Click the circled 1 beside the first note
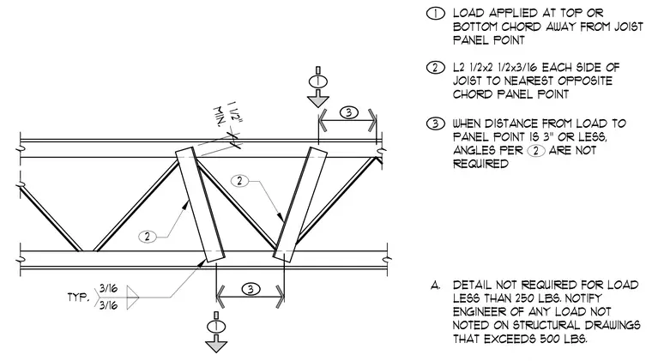435,14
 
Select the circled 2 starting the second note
435,67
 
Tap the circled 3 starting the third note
435,123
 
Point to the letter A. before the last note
435,286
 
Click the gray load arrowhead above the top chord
318,101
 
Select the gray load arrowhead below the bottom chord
216,346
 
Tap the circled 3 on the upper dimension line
348,112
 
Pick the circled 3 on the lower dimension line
251,289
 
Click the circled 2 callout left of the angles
148,237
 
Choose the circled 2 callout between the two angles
239,181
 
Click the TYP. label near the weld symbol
78,298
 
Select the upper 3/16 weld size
108,288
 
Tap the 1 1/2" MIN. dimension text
227,113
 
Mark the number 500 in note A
552,339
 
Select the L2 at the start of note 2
460,67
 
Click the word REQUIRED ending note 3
480,164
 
